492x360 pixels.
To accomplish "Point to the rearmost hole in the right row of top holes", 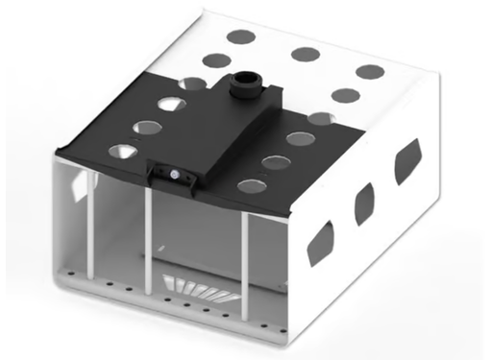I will [x=370, y=71].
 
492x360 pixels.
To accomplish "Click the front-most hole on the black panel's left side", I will [x=122, y=151].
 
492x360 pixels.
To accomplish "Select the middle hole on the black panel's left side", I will [x=146, y=127].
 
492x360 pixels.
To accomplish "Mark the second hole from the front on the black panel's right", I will [x=276, y=162].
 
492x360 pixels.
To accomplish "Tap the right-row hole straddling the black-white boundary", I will [x=321, y=119].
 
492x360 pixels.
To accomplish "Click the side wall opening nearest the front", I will [x=319, y=245].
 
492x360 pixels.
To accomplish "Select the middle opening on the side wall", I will [x=365, y=203].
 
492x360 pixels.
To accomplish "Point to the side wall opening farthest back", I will [x=407, y=161].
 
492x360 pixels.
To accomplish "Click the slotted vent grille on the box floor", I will [x=197, y=286].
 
